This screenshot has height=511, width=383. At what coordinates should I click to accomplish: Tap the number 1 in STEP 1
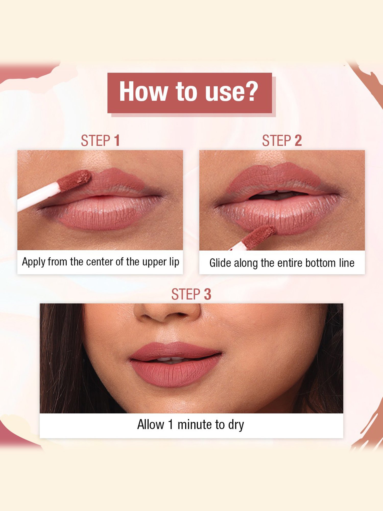(117, 141)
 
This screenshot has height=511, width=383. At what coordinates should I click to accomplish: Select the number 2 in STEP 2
(298, 141)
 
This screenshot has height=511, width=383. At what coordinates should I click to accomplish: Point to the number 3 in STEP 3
(207, 294)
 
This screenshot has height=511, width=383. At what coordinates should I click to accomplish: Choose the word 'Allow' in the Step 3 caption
(150, 424)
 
